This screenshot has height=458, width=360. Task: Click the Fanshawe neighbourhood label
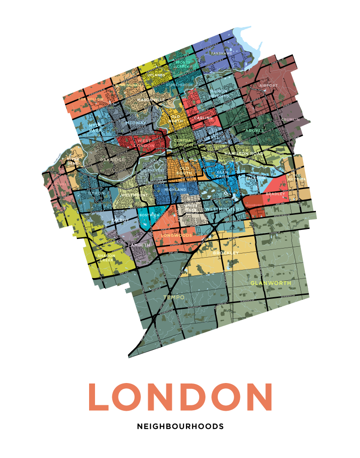coord(221,53)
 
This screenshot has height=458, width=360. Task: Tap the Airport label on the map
coord(268,85)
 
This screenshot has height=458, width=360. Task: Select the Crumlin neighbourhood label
coord(290,119)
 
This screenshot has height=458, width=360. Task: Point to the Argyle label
coord(255,130)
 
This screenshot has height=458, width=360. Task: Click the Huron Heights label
coord(219,94)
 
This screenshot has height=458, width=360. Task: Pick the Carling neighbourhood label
coord(203,118)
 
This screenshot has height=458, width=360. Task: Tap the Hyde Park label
coord(95,127)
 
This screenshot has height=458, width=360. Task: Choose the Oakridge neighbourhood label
coord(112,160)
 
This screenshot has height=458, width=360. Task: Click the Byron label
coord(96,193)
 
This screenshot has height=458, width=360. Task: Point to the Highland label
coord(175,189)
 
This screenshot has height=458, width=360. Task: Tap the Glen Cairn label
coord(223,174)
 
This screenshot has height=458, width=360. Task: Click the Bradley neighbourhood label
coord(275,194)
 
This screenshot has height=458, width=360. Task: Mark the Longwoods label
coord(176,236)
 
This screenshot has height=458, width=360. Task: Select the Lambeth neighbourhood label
coord(139,245)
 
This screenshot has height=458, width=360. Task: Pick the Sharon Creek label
coord(106,258)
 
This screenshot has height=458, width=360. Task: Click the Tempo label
coord(174,297)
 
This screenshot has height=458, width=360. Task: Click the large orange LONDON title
coord(180,397)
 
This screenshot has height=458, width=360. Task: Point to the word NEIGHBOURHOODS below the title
coord(180,427)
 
